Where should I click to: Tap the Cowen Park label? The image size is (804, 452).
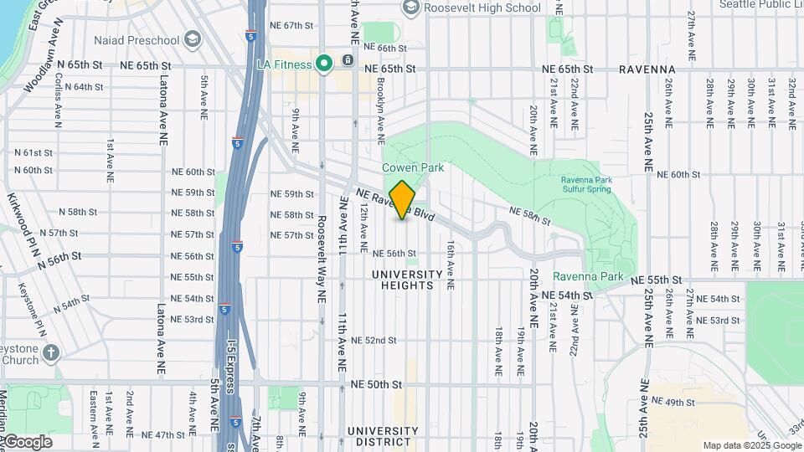point(413,167)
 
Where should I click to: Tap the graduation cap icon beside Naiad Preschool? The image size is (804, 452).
point(193,39)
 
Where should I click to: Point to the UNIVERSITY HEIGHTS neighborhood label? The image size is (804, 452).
point(407,280)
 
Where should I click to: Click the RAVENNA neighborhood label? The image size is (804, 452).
point(647,69)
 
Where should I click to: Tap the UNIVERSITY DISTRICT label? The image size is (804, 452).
point(382,436)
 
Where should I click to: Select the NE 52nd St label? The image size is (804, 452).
point(374,340)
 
